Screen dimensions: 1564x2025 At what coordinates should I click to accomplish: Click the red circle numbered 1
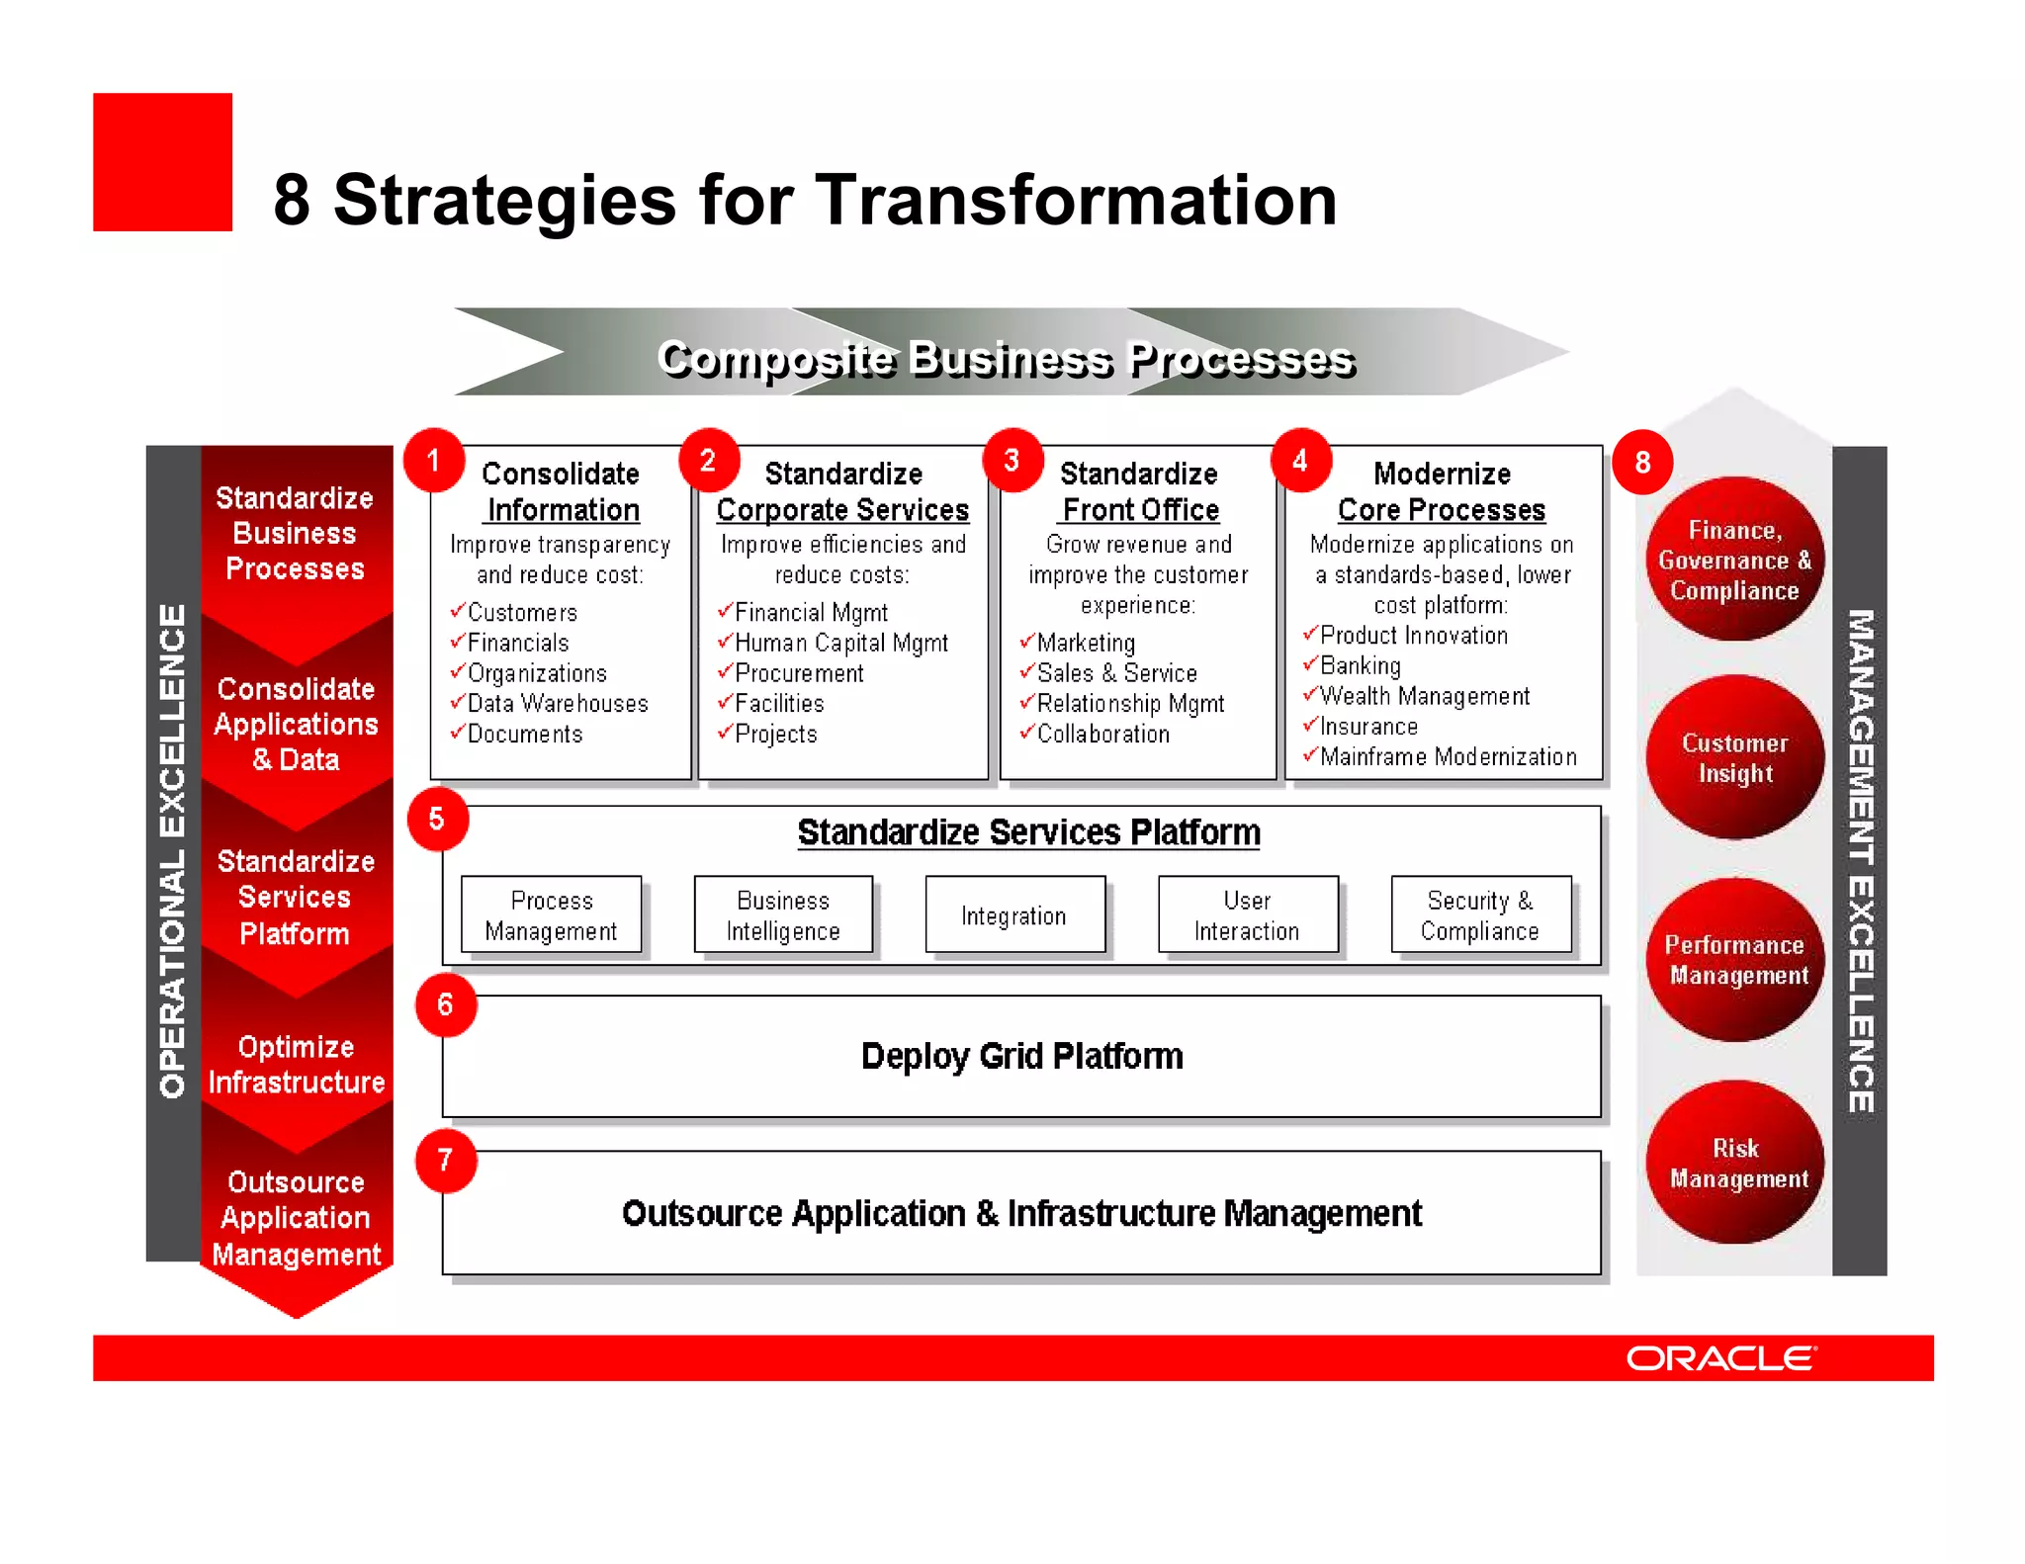(x=433, y=461)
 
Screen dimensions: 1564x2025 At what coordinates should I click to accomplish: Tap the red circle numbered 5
(x=437, y=819)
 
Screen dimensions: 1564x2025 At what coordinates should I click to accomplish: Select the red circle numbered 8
(x=1641, y=462)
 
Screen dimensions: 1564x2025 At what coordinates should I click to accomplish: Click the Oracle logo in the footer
(x=1720, y=1358)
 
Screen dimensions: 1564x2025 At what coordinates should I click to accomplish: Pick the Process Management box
(x=551, y=915)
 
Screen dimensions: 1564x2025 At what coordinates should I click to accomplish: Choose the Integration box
(x=1014, y=915)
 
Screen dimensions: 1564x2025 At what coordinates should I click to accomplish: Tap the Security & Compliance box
(x=1480, y=915)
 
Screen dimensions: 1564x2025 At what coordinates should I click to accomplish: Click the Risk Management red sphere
(x=1735, y=1163)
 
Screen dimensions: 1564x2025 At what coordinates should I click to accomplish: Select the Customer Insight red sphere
(x=1735, y=758)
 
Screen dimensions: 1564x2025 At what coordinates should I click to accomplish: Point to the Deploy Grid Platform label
(x=1021, y=1057)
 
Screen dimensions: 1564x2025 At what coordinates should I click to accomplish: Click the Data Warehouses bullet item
(x=557, y=704)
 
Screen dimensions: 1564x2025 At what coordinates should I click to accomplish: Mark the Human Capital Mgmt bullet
(x=840, y=644)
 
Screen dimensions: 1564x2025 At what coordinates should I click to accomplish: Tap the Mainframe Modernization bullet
(x=1448, y=757)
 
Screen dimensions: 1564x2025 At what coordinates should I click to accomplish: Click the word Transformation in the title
(x=1076, y=200)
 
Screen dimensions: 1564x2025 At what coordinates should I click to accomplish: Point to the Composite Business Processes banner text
(x=1006, y=358)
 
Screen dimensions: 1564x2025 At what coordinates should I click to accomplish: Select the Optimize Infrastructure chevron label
(x=296, y=1065)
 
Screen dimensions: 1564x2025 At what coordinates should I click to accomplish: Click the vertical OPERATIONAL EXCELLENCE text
(x=173, y=850)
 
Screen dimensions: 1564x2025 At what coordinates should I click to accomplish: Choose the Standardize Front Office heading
(x=1138, y=491)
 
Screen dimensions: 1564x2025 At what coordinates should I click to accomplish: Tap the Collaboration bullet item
(x=1102, y=735)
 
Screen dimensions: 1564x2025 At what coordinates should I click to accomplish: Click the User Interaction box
(x=1247, y=915)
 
